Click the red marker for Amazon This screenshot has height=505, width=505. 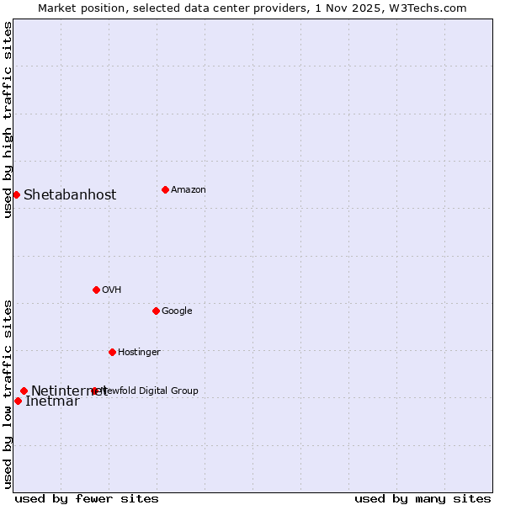pos(165,189)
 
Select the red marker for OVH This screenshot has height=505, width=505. pos(96,290)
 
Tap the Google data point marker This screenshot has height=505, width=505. pos(156,311)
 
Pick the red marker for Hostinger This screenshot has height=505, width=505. pos(112,352)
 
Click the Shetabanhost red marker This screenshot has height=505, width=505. pos(16,194)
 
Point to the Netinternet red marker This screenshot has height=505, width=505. pos(24,391)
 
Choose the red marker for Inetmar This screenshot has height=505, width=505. pos(18,401)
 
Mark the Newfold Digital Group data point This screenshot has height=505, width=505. pos(94,391)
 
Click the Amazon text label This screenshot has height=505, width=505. pos(189,189)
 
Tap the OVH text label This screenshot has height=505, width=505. pos(112,290)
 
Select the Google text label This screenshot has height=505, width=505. pos(177,311)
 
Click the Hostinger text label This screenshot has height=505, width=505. pos(139,352)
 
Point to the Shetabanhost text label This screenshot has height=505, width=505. pos(70,194)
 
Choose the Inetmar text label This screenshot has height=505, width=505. pos(52,401)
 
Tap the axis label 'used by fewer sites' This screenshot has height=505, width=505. pos(87,498)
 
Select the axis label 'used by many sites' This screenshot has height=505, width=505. pos(423,498)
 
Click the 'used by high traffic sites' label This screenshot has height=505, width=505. pos(8,120)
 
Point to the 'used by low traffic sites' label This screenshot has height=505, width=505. pos(8,393)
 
